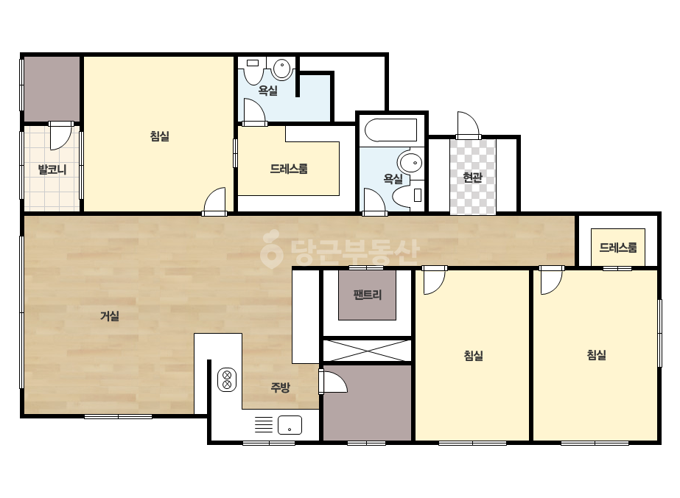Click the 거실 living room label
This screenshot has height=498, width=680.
(110, 316)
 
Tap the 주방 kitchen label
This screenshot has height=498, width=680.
(280, 387)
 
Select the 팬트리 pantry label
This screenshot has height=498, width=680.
(368, 295)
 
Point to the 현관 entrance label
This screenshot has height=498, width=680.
(473, 177)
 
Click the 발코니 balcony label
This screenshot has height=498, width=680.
(52, 169)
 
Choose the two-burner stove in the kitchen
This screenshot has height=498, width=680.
(227, 379)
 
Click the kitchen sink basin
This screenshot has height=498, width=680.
(290, 425)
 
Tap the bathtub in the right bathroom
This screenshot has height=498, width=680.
(390, 130)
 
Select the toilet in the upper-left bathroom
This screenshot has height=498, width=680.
(253, 71)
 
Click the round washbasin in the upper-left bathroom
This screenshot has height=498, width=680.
(282, 69)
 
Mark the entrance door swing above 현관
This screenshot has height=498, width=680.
(469, 125)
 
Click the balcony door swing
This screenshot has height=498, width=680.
(60, 136)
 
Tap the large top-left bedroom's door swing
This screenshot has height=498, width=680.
(214, 200)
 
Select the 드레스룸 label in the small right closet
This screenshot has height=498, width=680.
(618, 248)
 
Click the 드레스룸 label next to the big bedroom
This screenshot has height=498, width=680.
(289, 169)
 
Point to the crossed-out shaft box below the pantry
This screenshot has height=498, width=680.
(367, 351)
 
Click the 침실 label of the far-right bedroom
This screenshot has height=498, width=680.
(596, 355)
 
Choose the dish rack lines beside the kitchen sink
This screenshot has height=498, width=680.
(263, 424)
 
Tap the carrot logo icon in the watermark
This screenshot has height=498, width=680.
(271, 249)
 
